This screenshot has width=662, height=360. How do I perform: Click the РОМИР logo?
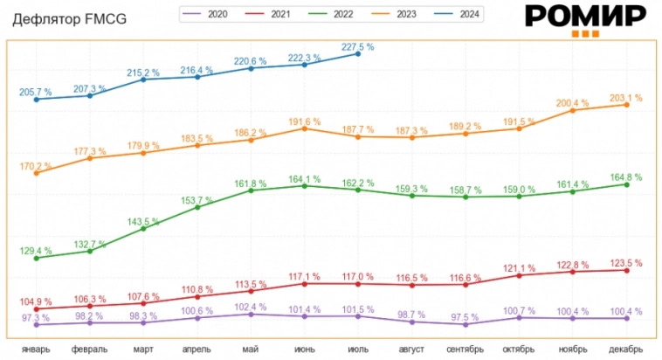[585, 17]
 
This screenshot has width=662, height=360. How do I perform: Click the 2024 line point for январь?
[36, 100]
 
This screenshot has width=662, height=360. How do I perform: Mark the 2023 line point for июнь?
[304, 128]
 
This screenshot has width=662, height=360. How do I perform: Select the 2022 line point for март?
[143, 228]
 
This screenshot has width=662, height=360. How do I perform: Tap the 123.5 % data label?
[625, 263]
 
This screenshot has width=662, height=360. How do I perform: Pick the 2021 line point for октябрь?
[519, 275]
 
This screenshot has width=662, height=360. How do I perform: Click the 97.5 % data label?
[465, 317]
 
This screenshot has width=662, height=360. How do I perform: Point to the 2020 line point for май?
[251, 314]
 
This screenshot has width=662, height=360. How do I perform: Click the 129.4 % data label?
[36, 251]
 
